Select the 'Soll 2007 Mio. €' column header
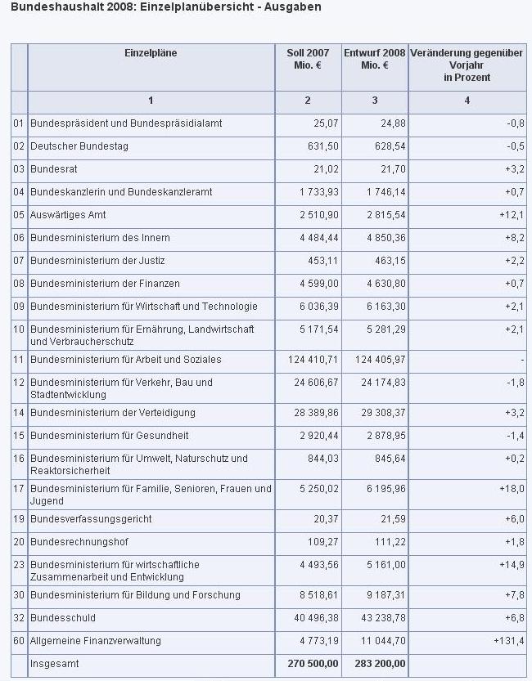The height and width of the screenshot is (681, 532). (308, 59)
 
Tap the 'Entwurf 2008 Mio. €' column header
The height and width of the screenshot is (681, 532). (375, 59)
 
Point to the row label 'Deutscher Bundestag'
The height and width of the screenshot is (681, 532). (79, 146)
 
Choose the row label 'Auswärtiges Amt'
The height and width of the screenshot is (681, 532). (68, 215)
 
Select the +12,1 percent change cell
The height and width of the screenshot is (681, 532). (511, 215)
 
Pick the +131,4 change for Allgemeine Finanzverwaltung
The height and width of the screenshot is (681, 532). (507, 641)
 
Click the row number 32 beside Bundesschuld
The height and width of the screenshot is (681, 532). (19, 618)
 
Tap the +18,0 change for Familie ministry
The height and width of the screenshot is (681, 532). (511, 489)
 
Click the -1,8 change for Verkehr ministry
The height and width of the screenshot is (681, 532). (514, 383)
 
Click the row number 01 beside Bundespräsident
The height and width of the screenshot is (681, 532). (19, 123)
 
